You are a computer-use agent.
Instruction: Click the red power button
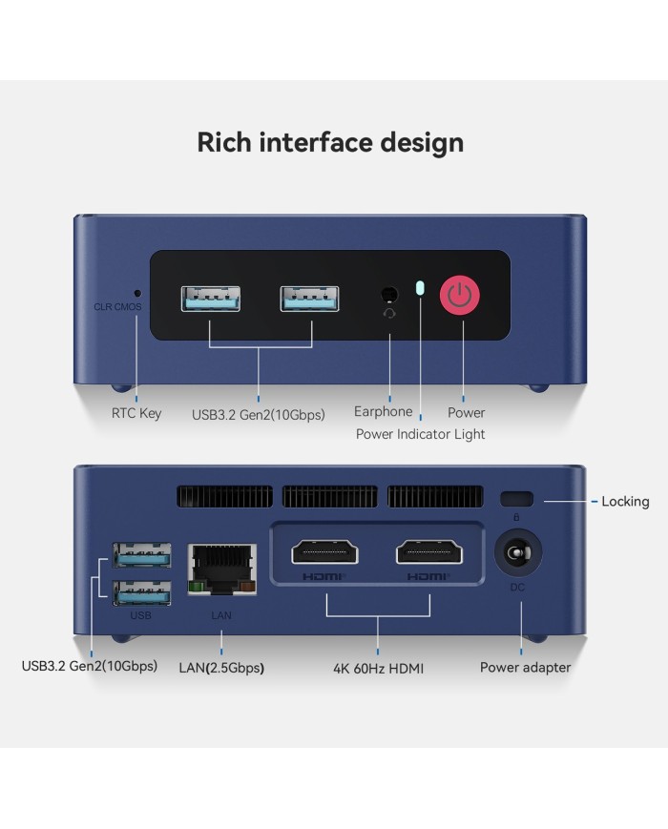460,295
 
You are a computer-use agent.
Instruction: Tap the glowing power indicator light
420,288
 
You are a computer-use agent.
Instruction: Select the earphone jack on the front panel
389,294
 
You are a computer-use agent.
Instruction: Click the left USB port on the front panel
211,299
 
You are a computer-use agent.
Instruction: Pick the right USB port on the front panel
309,299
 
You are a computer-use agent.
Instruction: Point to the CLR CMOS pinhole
138,293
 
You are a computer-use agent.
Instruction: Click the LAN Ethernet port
222,570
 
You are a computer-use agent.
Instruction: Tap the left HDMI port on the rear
324,552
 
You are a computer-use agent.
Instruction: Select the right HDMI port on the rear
428,552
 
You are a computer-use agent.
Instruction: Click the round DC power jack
518,553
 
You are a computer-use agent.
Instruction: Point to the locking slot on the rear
516,499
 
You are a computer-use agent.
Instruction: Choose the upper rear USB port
142,555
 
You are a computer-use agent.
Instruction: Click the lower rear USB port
142,593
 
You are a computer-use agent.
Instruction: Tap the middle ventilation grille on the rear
330,497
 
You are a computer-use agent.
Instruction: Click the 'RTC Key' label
136,413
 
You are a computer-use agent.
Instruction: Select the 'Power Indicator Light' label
420,434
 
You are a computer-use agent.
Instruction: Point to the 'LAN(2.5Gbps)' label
221,668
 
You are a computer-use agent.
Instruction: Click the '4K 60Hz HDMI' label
378,669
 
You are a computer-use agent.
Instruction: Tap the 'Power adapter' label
525,667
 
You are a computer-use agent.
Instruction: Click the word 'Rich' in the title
224,142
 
